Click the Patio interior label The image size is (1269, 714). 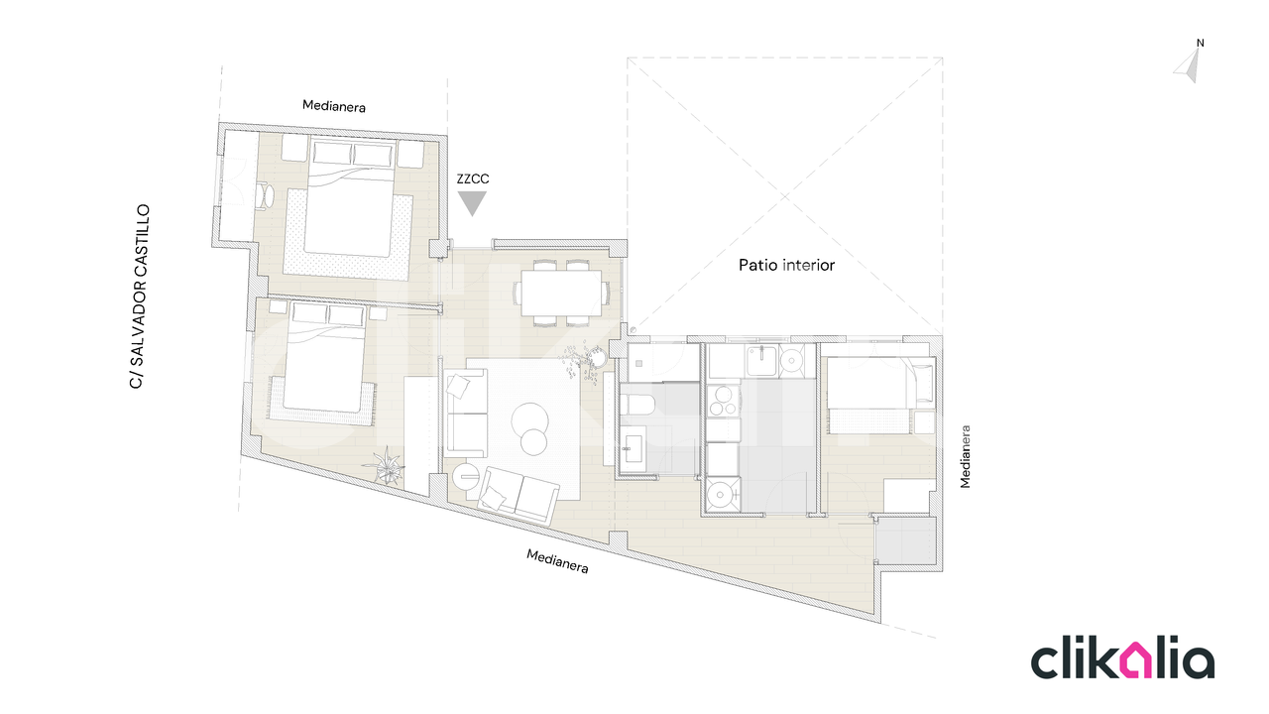pyautogui.click(x=786, y=265)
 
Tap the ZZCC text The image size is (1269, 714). pyautogui.click(x=473, y=179)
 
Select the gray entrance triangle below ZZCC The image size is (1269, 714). pyautogui.click(x=472, y=203)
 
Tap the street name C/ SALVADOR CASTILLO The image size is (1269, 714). pyautogui.click(x=140, y=297)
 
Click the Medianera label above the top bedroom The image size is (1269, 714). pyautogui.click(x=334, y=106)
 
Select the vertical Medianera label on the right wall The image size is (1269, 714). pyautogui.click(x=966, y=457)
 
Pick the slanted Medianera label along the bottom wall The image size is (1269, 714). pyautogui.click(x=557, y=561)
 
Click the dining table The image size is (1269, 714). pyautogui.click(x=561, y=293)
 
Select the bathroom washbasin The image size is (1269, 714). pyautogui.click(x=633, y=451)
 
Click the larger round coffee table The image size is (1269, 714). pyautogui.click(x=529, y=421)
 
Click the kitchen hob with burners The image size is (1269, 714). pyautogui.click(x=724, y=401)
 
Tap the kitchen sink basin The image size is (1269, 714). pyautogui.click(x=762, y=360)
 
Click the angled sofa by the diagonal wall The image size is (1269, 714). pyautogui.click(x=519, y=496)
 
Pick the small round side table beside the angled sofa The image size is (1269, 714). pyautogui.click(x=467, y=476)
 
